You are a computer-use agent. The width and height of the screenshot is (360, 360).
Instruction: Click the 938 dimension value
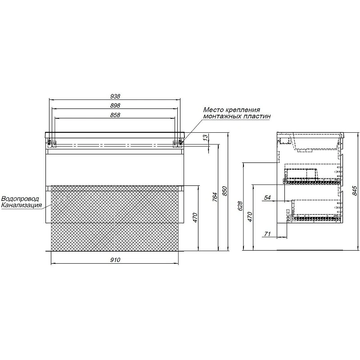click(x=115, y=96)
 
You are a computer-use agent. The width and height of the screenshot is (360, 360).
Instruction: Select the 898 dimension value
click(x=115, y=105)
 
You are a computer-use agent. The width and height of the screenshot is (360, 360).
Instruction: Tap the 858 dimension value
click(x=115, y=115)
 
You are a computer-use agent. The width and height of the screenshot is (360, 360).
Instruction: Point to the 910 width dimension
click(x=115, y=260)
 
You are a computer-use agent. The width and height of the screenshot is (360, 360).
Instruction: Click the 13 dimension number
click(x=206, y=137)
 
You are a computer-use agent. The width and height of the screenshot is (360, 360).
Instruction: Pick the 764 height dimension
click(x=215, y=197)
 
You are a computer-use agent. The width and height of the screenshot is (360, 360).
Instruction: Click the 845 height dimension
click(x=355, y=191)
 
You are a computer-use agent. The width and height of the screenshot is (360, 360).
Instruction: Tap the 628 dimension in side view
click(x=240, y=206)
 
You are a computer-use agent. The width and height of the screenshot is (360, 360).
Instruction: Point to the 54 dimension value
click(x=267, y=198)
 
